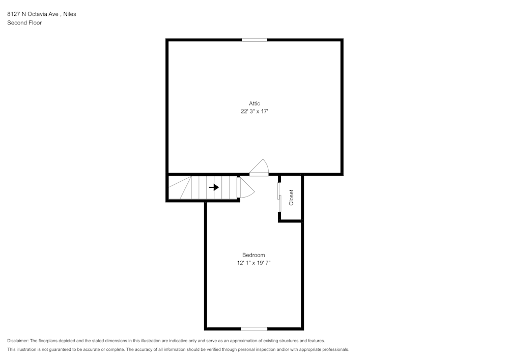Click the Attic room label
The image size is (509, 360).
[x=254, y=103]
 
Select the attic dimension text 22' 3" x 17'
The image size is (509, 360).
[x=254, y=112]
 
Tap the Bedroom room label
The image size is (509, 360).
[x=253, y=255]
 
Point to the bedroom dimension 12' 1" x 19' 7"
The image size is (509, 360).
[x=253, y=263]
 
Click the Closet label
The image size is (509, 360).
[x=291, y=198]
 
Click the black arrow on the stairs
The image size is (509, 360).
[x=214, y=187]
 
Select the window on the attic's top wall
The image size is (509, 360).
[x=254, y=40]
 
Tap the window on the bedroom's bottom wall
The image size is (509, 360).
[x=254, y=328]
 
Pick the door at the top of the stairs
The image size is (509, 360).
[x=245, y=187]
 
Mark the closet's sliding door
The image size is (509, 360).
[x=279, y=196]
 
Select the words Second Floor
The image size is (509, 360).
[x=24, y=23]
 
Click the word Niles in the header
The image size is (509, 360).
[x=69, y=14]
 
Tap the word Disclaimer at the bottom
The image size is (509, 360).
[x=18, y=341]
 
